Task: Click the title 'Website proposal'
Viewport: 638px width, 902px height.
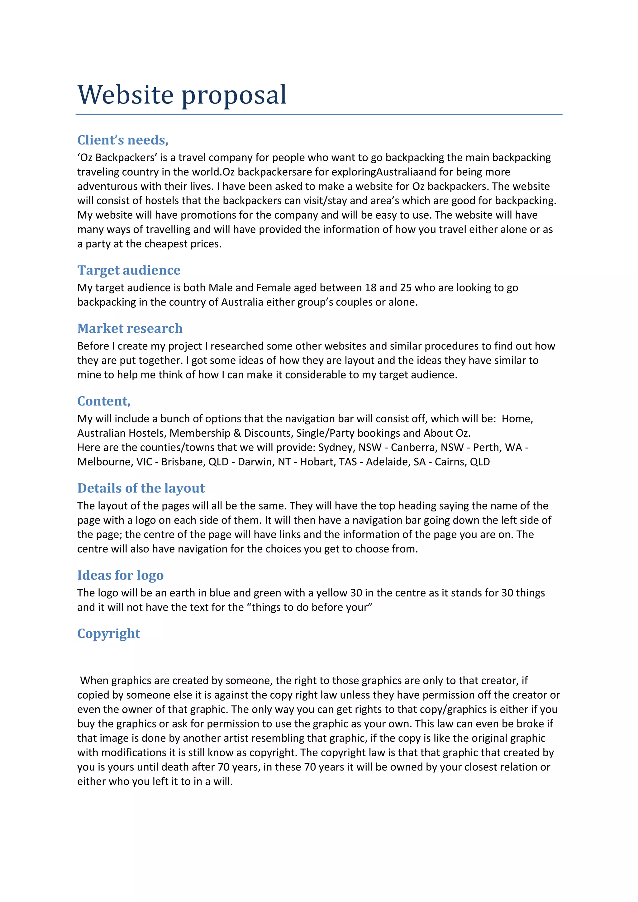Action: point(182,95)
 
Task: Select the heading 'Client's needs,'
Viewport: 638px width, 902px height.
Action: point(122,140)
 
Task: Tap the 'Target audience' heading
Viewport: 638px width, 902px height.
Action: point(129,270)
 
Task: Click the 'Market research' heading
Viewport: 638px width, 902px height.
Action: point(130,328)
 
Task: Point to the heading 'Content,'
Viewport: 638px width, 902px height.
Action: point(104,401)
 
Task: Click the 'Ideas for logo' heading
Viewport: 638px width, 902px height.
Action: point(120,575)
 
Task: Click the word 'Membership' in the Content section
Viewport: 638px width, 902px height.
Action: point(200,433)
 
